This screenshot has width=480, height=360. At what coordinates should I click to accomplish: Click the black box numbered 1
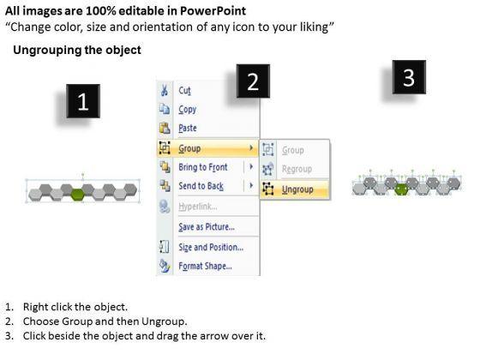(83, 101)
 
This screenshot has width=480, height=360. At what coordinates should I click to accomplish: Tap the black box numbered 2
(253, 81)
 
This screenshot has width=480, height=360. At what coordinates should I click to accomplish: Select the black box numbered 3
(409, 77)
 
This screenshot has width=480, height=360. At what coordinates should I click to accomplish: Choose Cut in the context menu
(184, 91)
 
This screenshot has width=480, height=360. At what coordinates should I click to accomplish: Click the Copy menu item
(188, 110)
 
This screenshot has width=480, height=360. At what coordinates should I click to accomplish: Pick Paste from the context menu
(188, 128)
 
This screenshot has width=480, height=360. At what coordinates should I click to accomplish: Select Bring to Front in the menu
(203, 167)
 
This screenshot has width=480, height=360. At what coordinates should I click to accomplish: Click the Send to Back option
(201, 186)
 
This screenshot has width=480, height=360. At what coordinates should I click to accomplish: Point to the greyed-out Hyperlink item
(198, 207)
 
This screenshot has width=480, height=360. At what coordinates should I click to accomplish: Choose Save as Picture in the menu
(207, 227)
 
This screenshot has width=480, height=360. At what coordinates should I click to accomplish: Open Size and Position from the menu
(211, 247)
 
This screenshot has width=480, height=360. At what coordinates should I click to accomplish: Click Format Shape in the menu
(205, 266)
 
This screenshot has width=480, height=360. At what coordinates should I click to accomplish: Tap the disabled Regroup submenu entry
(297, 169)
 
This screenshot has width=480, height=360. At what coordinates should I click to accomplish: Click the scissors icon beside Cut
(165, 90)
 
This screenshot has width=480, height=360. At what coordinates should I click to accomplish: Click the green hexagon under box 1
(77, 195)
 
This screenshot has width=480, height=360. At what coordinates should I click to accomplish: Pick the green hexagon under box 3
(401, 189)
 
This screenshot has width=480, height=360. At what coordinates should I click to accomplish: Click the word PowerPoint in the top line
(213, 11)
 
